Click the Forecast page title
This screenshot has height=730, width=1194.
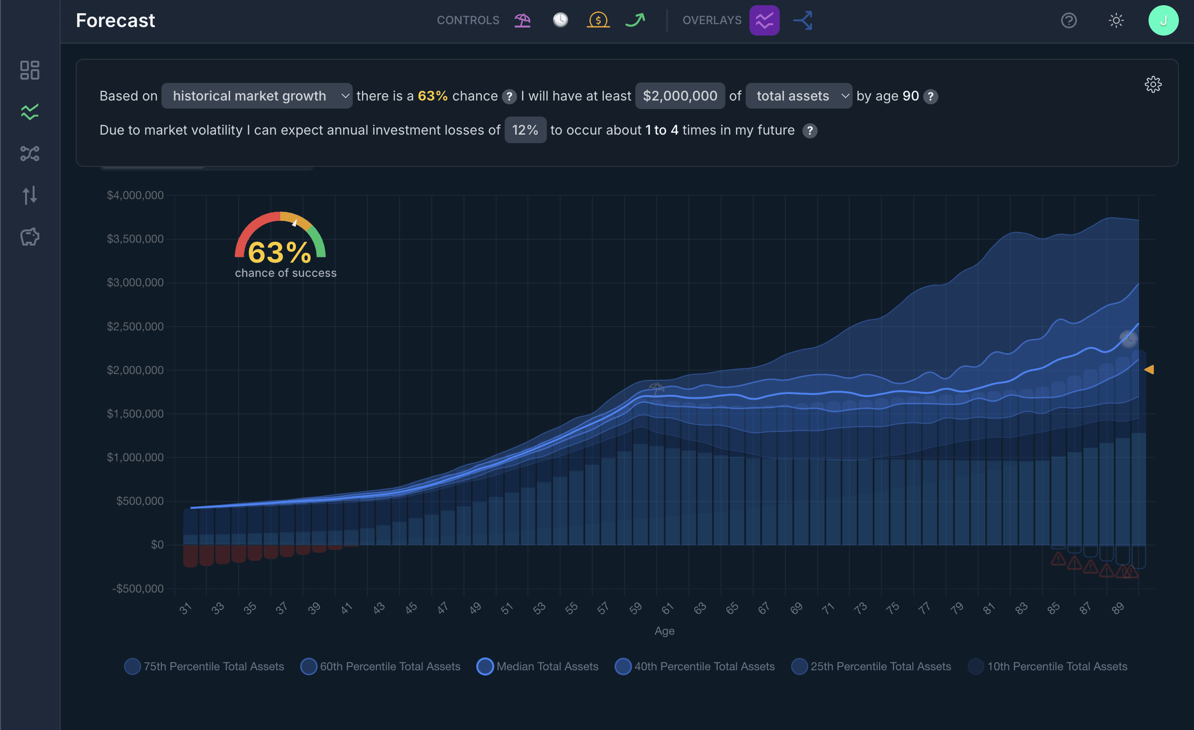click(116, 20)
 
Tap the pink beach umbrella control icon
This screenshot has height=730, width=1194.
click(522, 20)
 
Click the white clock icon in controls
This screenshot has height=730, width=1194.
click(560, 20)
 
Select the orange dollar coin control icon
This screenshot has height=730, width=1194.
click(598, 20)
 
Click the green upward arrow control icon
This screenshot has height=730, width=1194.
click(635, 20)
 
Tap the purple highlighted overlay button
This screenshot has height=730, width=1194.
click(764, 20)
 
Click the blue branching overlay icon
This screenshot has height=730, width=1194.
click(803, 20)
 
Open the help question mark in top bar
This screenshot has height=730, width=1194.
click(1069, 20)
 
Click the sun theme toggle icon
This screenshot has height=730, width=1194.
click(1116, 20)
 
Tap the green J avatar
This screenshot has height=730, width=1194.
click(1163, 20)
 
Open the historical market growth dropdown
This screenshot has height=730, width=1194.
click(257, 96)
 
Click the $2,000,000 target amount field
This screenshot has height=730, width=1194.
click(680, 96)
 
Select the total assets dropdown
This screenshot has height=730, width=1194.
click(799, 96)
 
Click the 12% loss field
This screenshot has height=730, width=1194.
click(526, 130)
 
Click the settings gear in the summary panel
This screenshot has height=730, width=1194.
click(1153, 84)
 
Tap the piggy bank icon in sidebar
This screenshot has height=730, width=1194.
click(29, 237)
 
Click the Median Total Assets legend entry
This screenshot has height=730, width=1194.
click(537, 666)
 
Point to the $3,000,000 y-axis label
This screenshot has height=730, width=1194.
click(135, 283)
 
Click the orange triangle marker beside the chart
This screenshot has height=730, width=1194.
click(1149, 370)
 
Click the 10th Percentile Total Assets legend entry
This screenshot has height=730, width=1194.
click(1048, 666)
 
